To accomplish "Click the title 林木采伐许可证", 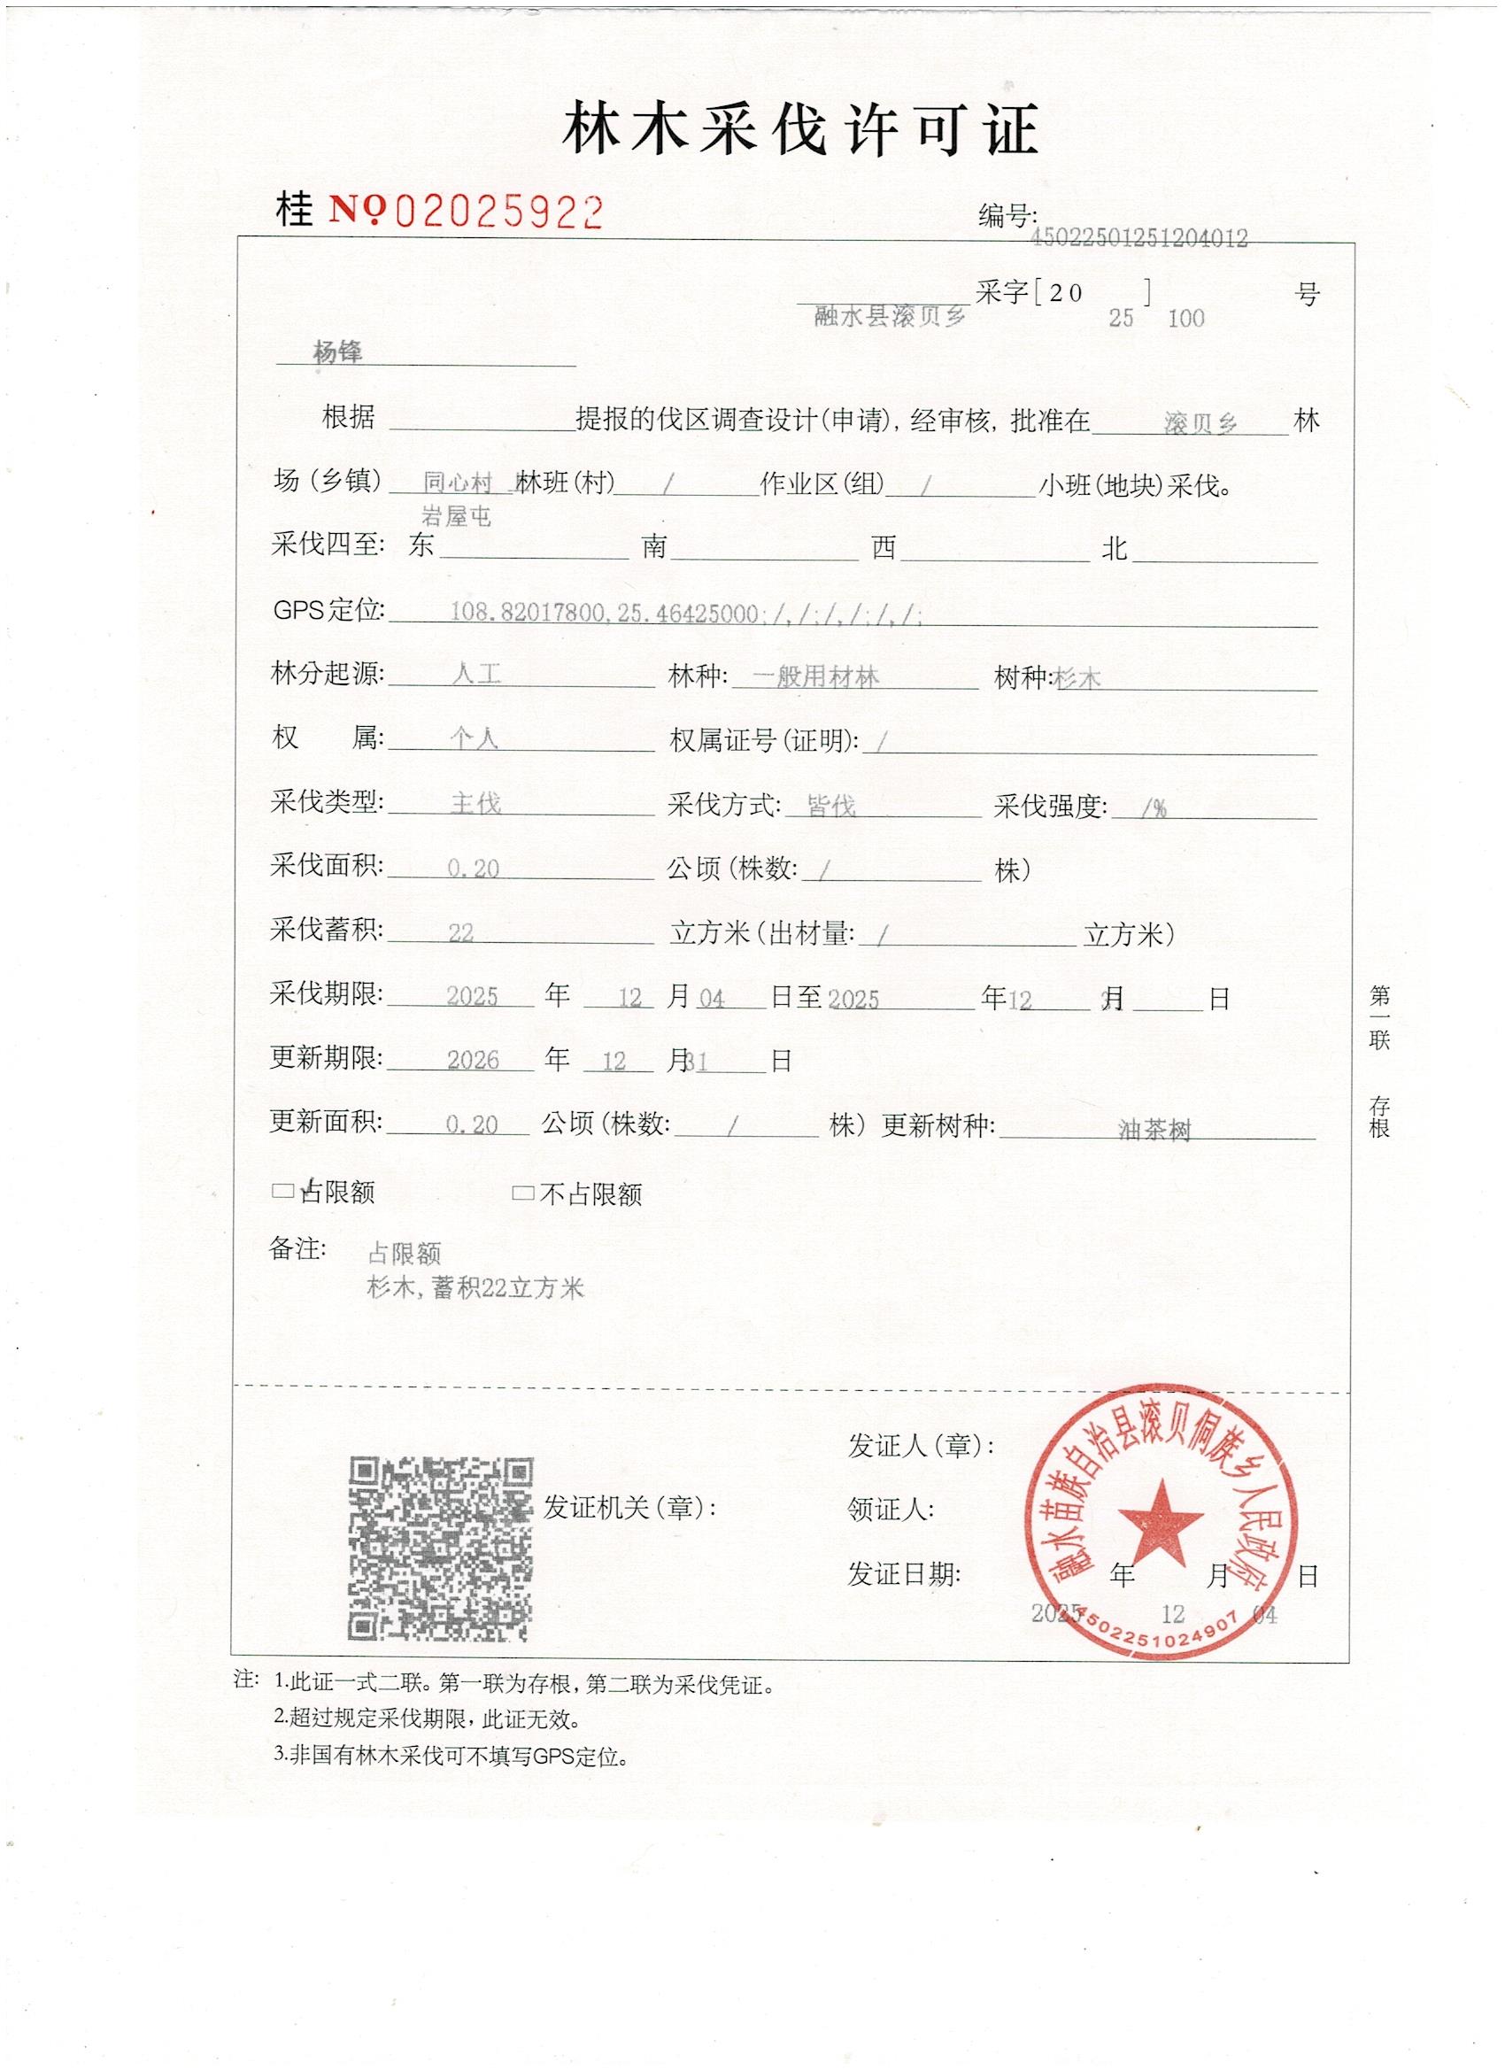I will pos(799,129).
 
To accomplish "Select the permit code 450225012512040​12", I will pos(1138,238).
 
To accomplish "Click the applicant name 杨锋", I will pos(337,351).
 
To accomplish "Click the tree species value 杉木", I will pos(1077,678).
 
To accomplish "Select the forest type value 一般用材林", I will pos(816,676).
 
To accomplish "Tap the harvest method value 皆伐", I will pos(831,806).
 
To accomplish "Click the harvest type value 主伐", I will pos(475,803).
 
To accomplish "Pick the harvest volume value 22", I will pos(461,933).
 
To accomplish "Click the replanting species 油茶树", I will pos(1154,1131).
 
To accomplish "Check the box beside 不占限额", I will pos(523,1193).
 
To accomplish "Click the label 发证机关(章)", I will pos(629,1508).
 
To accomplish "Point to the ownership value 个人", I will pos(474,738).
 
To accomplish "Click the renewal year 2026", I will pos(473,1061).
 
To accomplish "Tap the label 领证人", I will pos(890,1510).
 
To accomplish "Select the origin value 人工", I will pos(476,675).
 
